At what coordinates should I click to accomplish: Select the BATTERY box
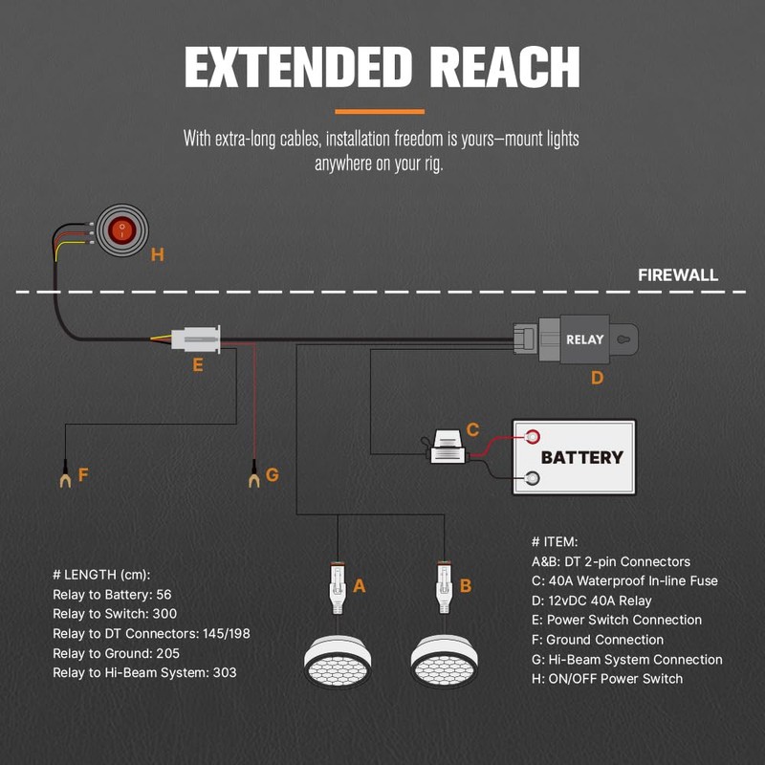click(574, 456)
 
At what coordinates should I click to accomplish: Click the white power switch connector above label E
click(196, 339)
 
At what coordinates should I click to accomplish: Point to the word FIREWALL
click(678, 275)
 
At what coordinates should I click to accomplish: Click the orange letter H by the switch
click(158, 254)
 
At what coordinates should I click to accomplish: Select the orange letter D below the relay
click(597, 378)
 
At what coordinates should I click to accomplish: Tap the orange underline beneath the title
click(382, 111)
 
